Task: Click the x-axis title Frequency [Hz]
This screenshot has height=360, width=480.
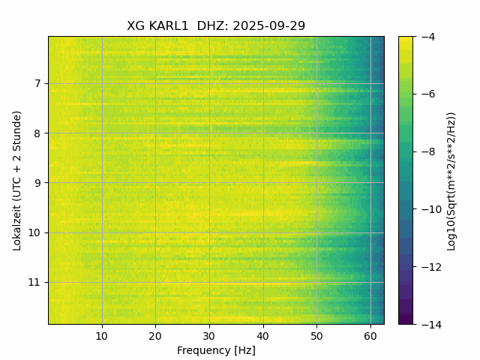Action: [216, 350]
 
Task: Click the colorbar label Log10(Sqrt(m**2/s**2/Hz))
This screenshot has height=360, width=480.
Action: [451, 180]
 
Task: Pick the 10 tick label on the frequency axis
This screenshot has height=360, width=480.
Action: [102, 336]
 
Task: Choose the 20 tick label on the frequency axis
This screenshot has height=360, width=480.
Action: [155, 336]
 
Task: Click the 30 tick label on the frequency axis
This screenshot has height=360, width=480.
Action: [209, 336]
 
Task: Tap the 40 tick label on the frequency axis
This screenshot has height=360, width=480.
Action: [262, 336]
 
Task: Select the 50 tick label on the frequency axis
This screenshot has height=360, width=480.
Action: [316, 336]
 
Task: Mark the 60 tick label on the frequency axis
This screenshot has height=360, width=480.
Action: [370, 336]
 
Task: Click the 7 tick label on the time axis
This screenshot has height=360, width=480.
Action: [38, 83]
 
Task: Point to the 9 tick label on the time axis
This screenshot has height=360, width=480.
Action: [38, 182]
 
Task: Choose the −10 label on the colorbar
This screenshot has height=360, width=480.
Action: [428, 209]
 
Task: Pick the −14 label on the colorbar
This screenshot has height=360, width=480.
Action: [428, 324]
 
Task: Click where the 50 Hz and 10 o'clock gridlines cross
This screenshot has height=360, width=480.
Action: [316, 232]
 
